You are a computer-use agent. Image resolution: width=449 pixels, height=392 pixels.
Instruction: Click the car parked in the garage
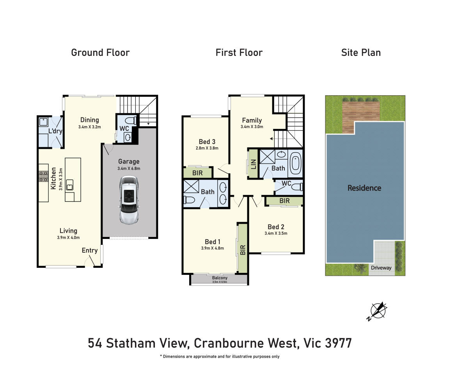point(129,200)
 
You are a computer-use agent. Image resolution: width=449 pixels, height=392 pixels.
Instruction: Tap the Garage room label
point(129,162)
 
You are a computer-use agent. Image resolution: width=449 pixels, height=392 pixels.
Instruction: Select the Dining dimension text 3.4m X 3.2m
point(90,127)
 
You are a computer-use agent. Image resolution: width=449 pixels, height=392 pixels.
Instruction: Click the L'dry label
point(55,131)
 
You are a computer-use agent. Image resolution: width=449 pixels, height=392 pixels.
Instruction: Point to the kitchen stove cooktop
point(44,176)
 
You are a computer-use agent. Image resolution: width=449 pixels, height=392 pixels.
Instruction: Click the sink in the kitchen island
point(69,185)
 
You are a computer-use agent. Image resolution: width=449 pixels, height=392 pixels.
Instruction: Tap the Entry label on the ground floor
point(90,250)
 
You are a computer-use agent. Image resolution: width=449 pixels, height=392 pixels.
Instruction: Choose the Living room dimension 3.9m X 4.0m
point(68,237)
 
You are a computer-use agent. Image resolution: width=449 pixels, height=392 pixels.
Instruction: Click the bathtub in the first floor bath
point(295,163)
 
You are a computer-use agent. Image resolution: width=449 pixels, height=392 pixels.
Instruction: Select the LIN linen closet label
point(254,164)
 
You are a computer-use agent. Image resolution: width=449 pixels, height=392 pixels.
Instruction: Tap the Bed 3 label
point(207,142)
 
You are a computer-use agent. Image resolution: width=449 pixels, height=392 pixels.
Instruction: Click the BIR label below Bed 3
point(197,173)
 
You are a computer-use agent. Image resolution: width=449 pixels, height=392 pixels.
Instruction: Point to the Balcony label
point(220,278)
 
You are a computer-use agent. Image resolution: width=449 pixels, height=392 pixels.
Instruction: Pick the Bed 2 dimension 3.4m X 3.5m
point(276,233)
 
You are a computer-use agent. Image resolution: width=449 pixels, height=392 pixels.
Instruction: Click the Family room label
point(252,120)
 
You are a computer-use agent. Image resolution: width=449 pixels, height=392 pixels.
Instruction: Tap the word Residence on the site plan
point(364,188)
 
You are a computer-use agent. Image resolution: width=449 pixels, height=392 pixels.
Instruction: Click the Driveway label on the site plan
point(381,267)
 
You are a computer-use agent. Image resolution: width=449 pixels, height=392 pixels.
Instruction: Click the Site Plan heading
point(361,52)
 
